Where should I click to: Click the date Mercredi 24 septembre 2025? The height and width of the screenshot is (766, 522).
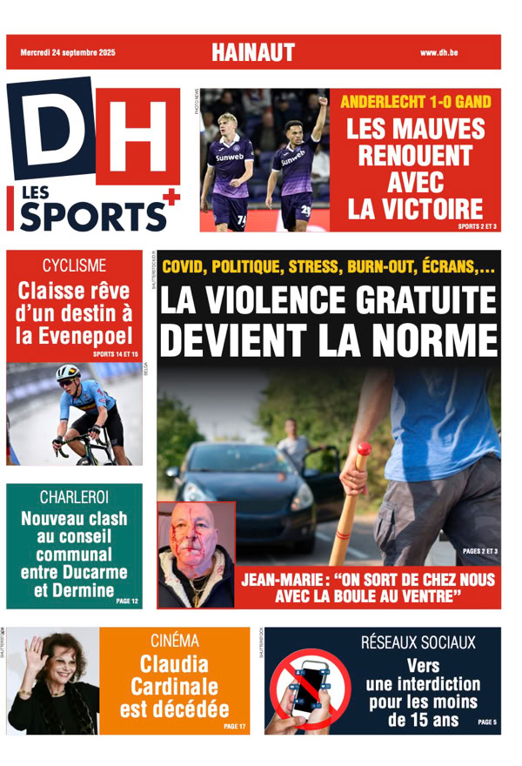(67, 53)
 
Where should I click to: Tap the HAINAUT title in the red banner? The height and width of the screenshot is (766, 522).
(252, 53)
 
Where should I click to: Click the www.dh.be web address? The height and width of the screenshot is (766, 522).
(438, 53)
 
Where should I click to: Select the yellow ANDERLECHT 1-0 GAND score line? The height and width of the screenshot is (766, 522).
(415, 102)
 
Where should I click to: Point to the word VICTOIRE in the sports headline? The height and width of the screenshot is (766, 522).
(415, 210)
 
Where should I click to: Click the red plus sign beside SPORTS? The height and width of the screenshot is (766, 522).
(171, 198)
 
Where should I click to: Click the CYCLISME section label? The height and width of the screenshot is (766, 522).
(74, 265)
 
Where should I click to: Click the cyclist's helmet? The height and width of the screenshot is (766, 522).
(67, 374)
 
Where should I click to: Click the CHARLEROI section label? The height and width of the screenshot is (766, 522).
(74, 497)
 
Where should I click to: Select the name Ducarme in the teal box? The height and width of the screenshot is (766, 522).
(91, 572)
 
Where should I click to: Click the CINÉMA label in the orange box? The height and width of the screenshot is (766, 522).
(173, 642)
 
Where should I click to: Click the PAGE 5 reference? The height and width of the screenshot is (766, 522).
(487, 722)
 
